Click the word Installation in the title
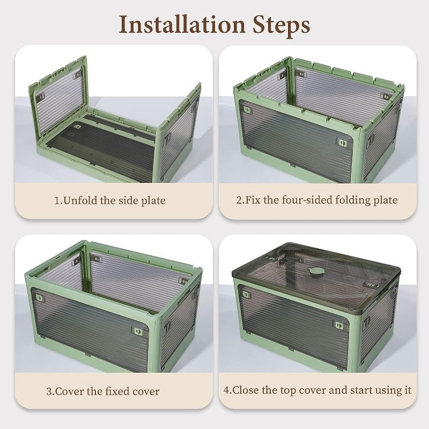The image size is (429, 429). click(182, 25)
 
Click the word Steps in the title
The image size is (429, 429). click(281, 26)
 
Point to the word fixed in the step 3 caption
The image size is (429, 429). click(117, 391)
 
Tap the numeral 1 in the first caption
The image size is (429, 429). click(57, 201)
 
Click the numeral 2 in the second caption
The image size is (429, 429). click(239, 200)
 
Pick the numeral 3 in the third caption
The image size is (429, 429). click(49, 391)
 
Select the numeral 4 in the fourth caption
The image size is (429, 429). click(226, 390)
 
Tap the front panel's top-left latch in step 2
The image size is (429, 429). click(248, 110)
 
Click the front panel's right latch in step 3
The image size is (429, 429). click(137, 331)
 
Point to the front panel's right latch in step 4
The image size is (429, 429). click(339, 326)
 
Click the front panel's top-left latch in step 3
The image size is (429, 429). click(40, 298)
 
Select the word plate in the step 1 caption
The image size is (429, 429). click(153, 201)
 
